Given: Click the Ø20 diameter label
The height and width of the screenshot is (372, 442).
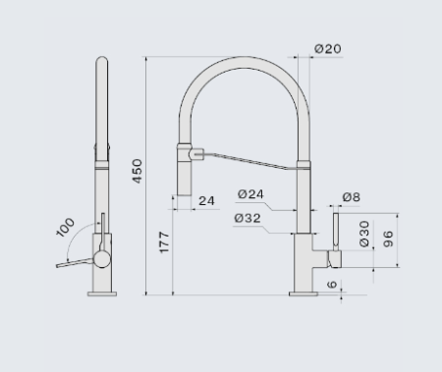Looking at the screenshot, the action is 328,49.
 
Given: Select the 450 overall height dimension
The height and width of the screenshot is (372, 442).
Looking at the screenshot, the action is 138,171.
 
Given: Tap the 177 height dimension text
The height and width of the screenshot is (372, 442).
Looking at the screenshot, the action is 164,242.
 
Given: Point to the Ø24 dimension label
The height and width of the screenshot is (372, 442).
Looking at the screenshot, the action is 250,194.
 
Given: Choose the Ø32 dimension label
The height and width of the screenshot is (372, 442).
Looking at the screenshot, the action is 248,218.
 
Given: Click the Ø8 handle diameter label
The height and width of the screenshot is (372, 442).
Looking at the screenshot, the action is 352,197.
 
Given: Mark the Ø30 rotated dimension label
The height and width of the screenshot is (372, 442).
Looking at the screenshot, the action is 364,234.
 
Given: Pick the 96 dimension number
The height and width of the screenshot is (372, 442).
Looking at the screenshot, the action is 388,239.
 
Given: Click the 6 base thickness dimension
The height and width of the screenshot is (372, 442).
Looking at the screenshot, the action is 332,284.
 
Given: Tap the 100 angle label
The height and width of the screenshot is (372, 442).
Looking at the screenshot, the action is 66,227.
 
